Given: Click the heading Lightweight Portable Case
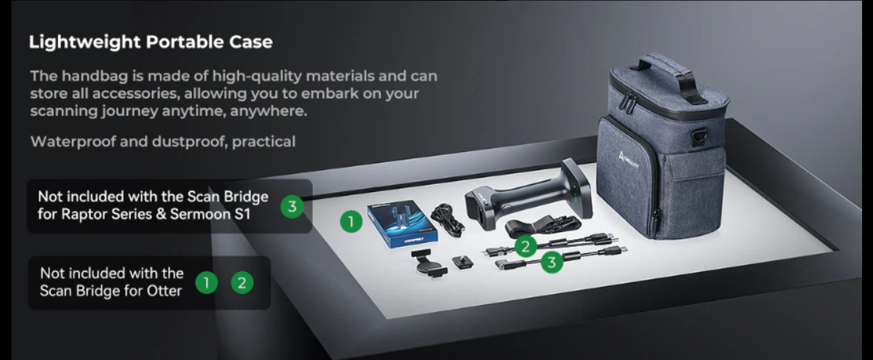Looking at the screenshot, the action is click(151, 42).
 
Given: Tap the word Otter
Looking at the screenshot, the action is click(164, 291).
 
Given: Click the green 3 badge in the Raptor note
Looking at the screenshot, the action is click(292, 207).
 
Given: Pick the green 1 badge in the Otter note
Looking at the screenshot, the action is click(206, 283).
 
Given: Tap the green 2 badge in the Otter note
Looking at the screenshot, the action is click(242, 283).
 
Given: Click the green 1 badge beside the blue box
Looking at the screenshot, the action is click(351, 221).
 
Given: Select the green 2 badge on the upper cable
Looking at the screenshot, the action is click(525, 247).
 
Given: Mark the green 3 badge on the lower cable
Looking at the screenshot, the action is click(552, 262).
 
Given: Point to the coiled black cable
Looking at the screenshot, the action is click(447, 220).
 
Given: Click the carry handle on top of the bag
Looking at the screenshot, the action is click(669, 76).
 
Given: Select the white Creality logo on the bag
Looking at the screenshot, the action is click(629, 161).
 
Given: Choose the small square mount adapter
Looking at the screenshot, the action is click(463, 262).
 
